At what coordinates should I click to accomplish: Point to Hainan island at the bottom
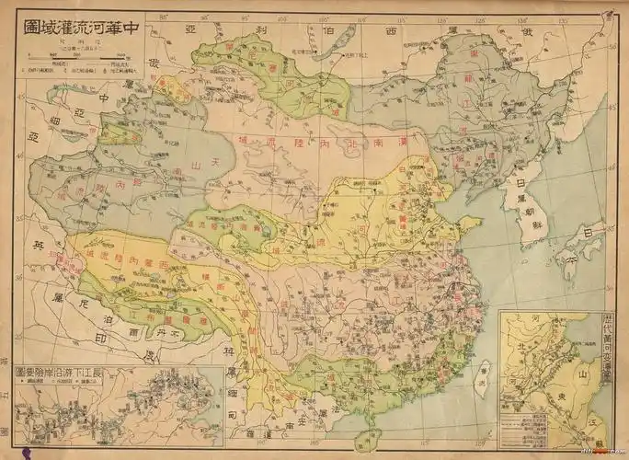pos(367,439)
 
